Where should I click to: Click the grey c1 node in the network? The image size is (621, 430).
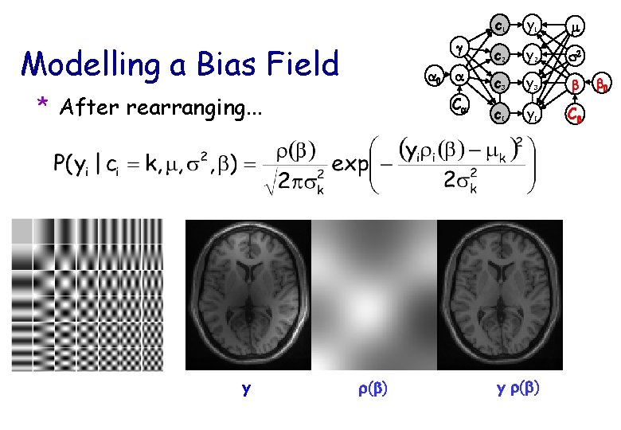coord(499,25)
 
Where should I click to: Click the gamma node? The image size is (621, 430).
coord(459,48)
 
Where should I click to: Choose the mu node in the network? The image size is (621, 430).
coord(576,26)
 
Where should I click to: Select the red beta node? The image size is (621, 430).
coord(576,84)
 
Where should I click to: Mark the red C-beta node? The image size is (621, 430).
coord(576,115)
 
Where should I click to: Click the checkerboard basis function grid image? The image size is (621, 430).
coord(87,295)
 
